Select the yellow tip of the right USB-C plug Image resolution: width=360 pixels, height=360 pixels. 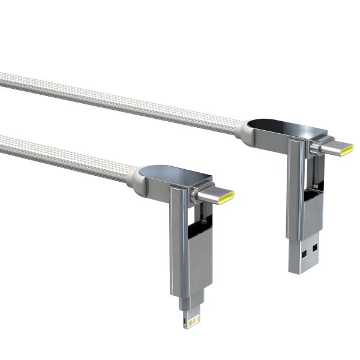347,149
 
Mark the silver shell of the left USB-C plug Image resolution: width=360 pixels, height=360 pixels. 213,196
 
